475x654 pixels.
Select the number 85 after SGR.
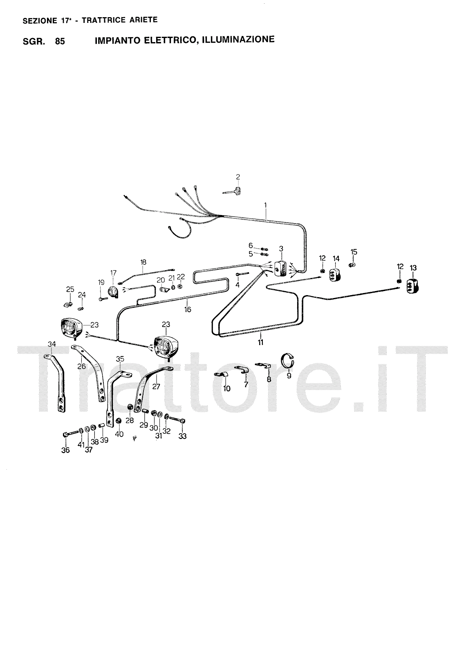pos(60,41)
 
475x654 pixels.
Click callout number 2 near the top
pos(238,177)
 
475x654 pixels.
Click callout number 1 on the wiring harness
pos(265,204)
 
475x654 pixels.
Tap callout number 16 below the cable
pos(188,309)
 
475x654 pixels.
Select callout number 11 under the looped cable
pos(260,343)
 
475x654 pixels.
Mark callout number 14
pos(336,258)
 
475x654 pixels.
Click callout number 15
pos(354,252)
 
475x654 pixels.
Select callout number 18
pos(143,262)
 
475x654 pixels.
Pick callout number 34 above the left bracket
pos(52,345)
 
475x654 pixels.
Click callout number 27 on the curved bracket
pos(156,386)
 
